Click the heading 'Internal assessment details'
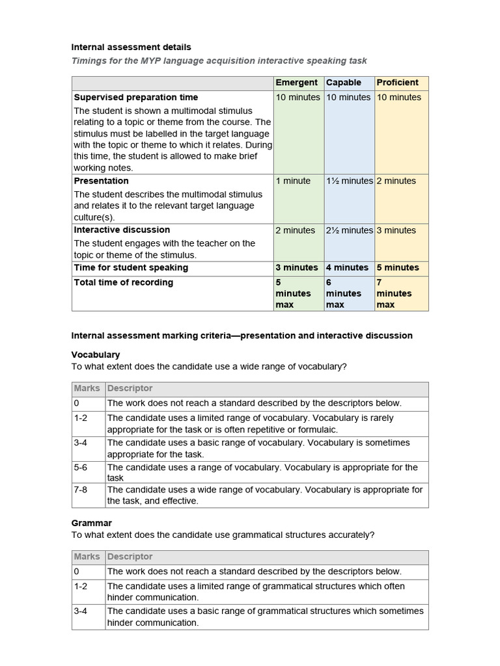(131, 47)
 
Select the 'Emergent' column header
(296, 83)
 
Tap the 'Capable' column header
(343, 83)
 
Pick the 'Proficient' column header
(397, 83)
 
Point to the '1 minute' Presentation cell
(293, 181)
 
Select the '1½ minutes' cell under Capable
(349, 181)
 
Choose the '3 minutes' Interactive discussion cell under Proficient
(398, 230)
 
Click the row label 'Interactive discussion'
(122, 230)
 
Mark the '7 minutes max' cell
(394, 293)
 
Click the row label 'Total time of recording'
(123, 282)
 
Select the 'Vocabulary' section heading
(95, 354)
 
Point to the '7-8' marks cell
(81, 490)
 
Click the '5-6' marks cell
(81, 467)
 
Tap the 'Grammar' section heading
(91, 523)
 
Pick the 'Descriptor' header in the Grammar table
(130, 557)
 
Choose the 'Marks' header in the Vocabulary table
(87, 388)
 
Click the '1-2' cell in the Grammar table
(81, 586)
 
